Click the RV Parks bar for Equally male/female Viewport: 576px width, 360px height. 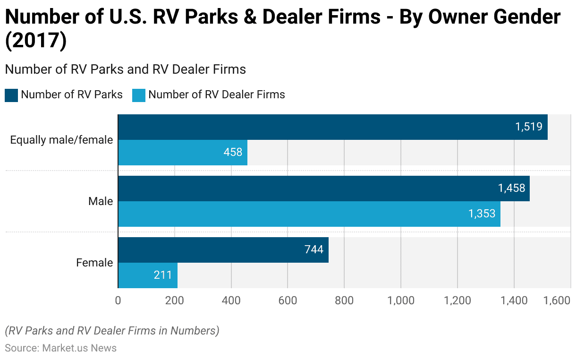pos(330,127)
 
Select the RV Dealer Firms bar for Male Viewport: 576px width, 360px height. pos(307,214)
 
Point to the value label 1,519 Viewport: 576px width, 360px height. pos(528,127)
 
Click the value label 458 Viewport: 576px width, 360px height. pos(233,152)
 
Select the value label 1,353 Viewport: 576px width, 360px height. pos(482,214)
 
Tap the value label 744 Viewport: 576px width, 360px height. pos(313,249)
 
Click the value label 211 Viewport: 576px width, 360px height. pos(163,274)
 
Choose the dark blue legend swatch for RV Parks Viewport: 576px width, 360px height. pos(11,95)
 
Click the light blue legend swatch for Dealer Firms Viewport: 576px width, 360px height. pos(139,95)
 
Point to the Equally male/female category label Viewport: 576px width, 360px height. pos(61,140)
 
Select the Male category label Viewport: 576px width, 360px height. pos(101,201)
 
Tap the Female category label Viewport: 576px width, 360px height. pos(94,263)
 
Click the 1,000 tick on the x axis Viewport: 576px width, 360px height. pos(401,301)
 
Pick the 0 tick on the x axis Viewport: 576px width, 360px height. pos(118,301)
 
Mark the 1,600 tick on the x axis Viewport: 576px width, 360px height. pos(557,301)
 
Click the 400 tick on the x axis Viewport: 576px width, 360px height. pos(231,301)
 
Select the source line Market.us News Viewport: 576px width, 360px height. pos(61,348)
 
